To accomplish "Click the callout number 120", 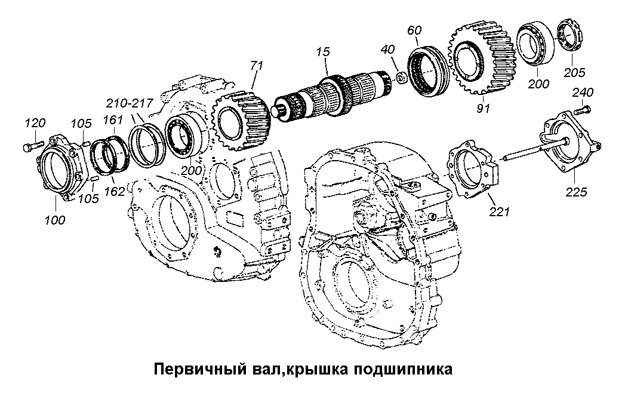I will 34,123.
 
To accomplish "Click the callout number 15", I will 323,52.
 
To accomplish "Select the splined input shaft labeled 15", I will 334,94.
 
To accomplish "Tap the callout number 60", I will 415,30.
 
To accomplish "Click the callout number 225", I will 577,192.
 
